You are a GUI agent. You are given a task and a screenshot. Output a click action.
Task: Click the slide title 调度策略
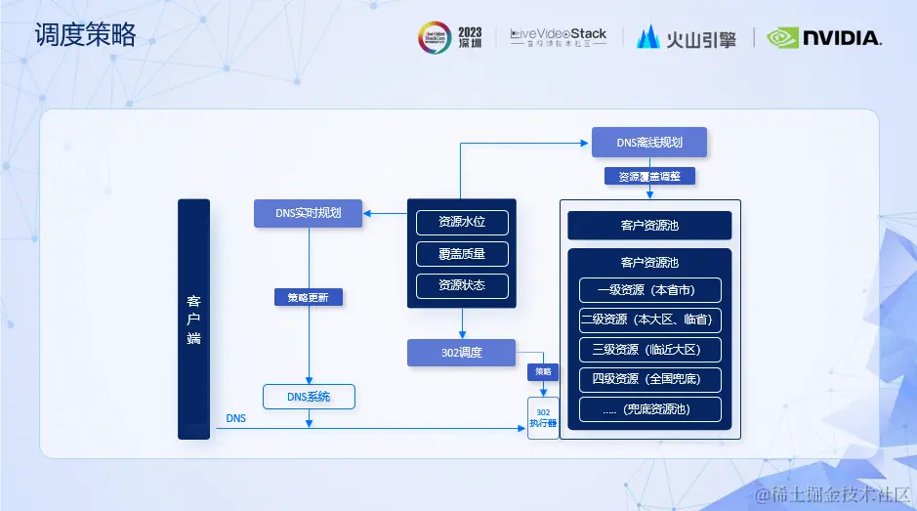(x=86, y=37)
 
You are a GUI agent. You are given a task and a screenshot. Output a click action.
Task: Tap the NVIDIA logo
(x=824, y=38)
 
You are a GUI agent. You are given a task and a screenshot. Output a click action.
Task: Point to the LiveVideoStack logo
(x=559, y=37)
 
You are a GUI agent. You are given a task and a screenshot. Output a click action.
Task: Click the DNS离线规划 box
(x=648, y=143)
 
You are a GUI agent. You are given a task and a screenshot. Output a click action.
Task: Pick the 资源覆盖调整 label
(x=649, y=177)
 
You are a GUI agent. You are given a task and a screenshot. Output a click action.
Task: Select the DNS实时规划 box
(x=308, y=213)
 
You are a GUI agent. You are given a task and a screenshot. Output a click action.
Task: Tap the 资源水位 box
(x=461, y=222)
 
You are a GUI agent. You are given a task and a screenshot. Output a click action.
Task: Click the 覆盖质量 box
(x=461, y=254)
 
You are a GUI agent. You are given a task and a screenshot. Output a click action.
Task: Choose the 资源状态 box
(x=461, y=285)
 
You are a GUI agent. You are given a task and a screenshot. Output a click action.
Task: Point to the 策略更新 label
(x=308, y=297)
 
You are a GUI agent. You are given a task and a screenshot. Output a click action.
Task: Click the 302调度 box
(x=461, y=353)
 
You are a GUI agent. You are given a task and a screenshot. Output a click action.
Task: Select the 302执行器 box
(x=543, y=417)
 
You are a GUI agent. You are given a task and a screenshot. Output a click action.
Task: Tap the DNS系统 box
(x=308, y=397)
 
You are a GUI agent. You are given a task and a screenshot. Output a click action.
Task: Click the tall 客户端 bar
(x=193, y=319)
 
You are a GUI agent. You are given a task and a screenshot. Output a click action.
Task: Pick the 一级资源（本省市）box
(x=649, y=290)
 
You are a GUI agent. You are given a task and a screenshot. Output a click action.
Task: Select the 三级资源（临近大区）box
(x=649, y=350)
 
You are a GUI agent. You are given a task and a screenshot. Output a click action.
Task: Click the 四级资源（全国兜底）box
(x=649, y=379)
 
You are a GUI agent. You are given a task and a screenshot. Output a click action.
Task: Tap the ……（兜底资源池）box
(x=649, y=409)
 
